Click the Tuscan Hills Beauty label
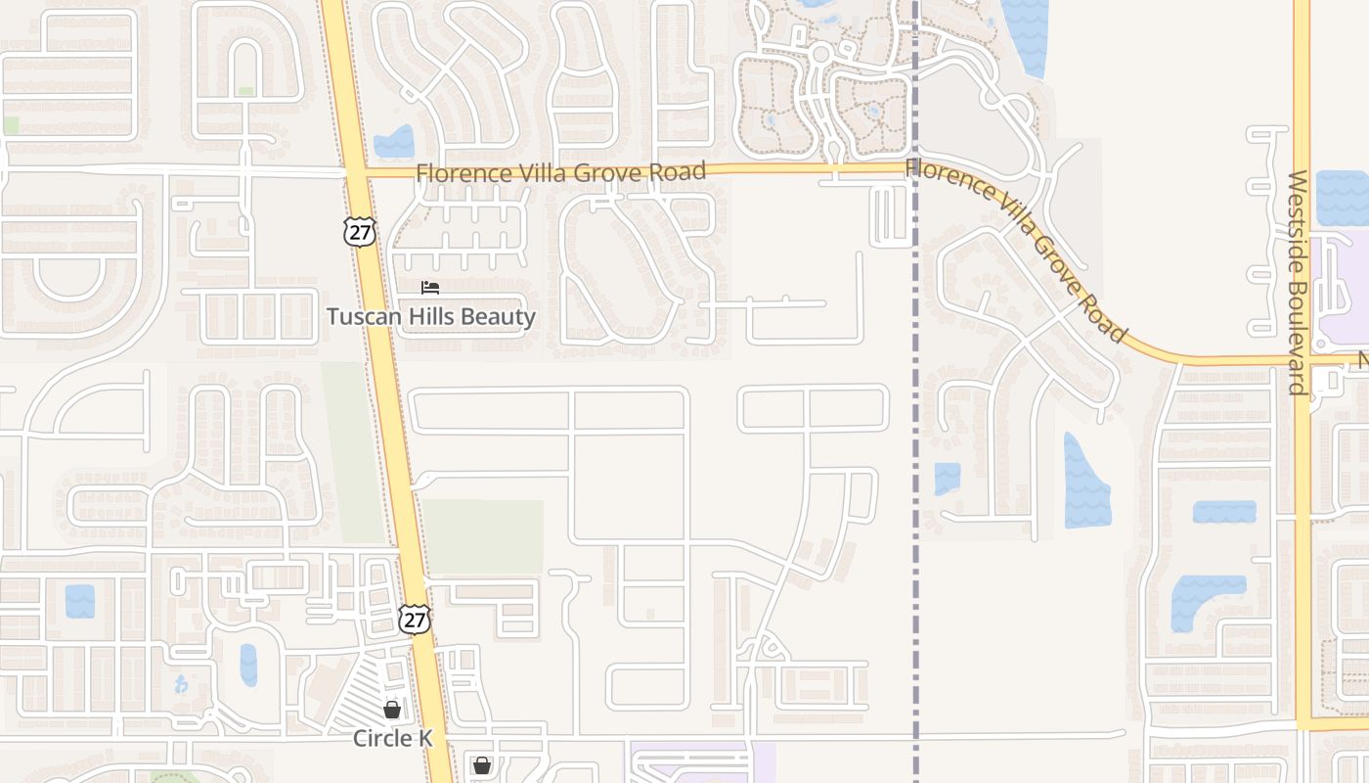pyautogui.click(x=431, y=317)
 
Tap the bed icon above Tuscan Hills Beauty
pyautogui.click(x=430, y=288)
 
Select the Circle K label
pyautogui.click(x=393, y=738)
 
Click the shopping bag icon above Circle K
pyautogui.click(x=392, y=710)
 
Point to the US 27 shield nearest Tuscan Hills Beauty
pyautogui.click(x=359, y=231)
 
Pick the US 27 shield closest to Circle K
pyautogui.click(x=415, y=619)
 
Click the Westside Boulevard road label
pyautogui.click(x=1298, y=282)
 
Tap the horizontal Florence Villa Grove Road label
pyautogui.click(x=560, y=173)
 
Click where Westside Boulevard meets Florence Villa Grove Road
pyautogui.click(x=1302, y=360)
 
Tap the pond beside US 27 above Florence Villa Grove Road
pyautogui.click(x=394, y=143)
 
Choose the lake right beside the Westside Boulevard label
pyautogui.click(x=1343, y=199)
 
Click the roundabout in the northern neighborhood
pyautogui.click(x=820, y=53)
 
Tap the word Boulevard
pyautogui.click(x=1298, y=341)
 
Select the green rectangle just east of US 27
pyautogui.click(x=483, y=536)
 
